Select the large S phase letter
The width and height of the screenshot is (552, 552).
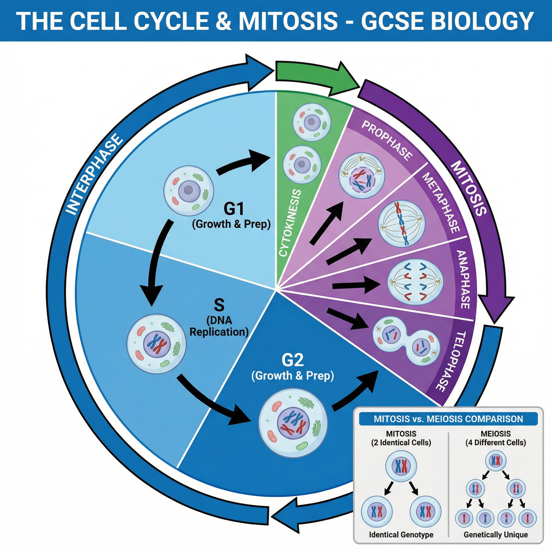[219, 305]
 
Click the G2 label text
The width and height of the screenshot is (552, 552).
[292, 360]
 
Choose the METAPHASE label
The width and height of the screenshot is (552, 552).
[441, 203]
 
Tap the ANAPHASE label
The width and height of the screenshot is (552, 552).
[463, 280]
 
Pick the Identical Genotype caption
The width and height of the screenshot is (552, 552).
[401, 534]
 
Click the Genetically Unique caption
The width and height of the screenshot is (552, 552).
[496, 534]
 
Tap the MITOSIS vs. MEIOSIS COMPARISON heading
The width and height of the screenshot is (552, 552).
[448, 419]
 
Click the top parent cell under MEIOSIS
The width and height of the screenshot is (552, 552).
[496, 460]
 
